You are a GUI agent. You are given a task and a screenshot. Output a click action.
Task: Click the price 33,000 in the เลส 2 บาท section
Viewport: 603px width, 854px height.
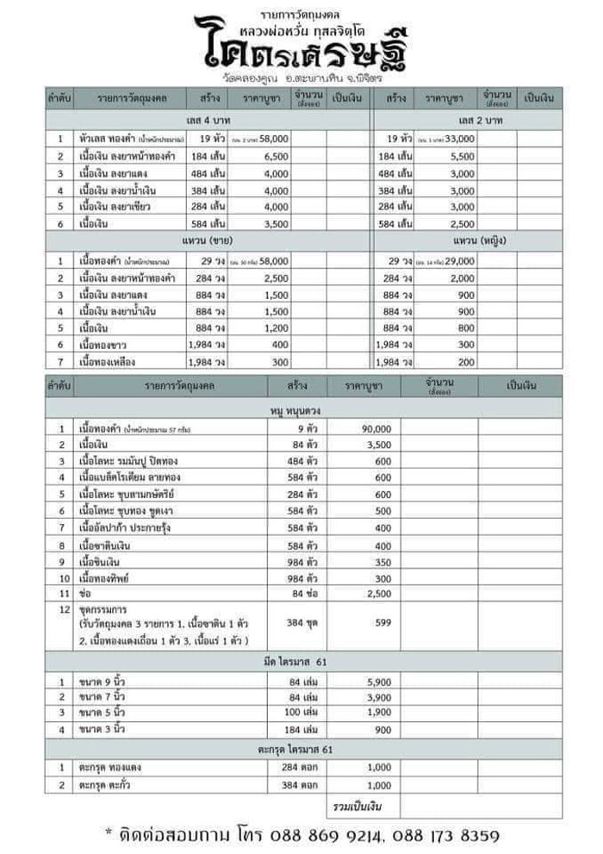[459, 138]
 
